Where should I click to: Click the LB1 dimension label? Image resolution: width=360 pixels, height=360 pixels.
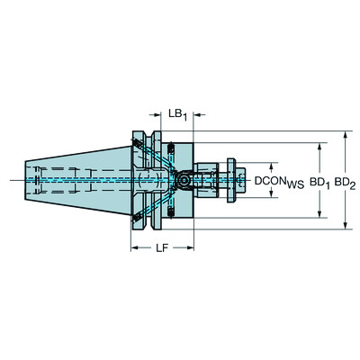coord(176,113)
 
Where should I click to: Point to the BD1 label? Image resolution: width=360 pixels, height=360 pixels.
coord(319,181)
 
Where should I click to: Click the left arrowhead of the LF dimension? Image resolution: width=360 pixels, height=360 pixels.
coord(133,245)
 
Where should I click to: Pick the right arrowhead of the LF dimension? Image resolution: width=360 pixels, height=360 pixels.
coord(193,245)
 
